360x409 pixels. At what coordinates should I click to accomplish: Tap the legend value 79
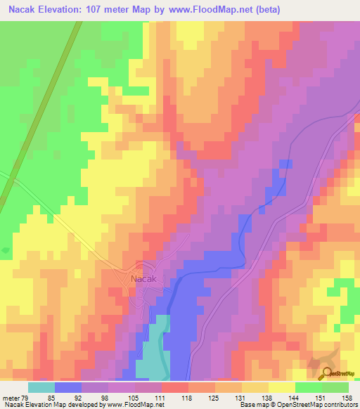[28, 397]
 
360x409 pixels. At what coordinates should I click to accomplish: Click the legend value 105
[134, 397]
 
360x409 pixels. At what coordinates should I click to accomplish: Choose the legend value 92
[81, 397]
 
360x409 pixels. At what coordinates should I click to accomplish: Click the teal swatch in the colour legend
[41, 387]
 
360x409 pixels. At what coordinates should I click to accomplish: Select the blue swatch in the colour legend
[68, 387]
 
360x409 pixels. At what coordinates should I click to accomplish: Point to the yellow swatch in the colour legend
[281, 387]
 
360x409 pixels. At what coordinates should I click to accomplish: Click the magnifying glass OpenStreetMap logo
[327, 373]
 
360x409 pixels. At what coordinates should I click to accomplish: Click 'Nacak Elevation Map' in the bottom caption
[32, 405]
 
